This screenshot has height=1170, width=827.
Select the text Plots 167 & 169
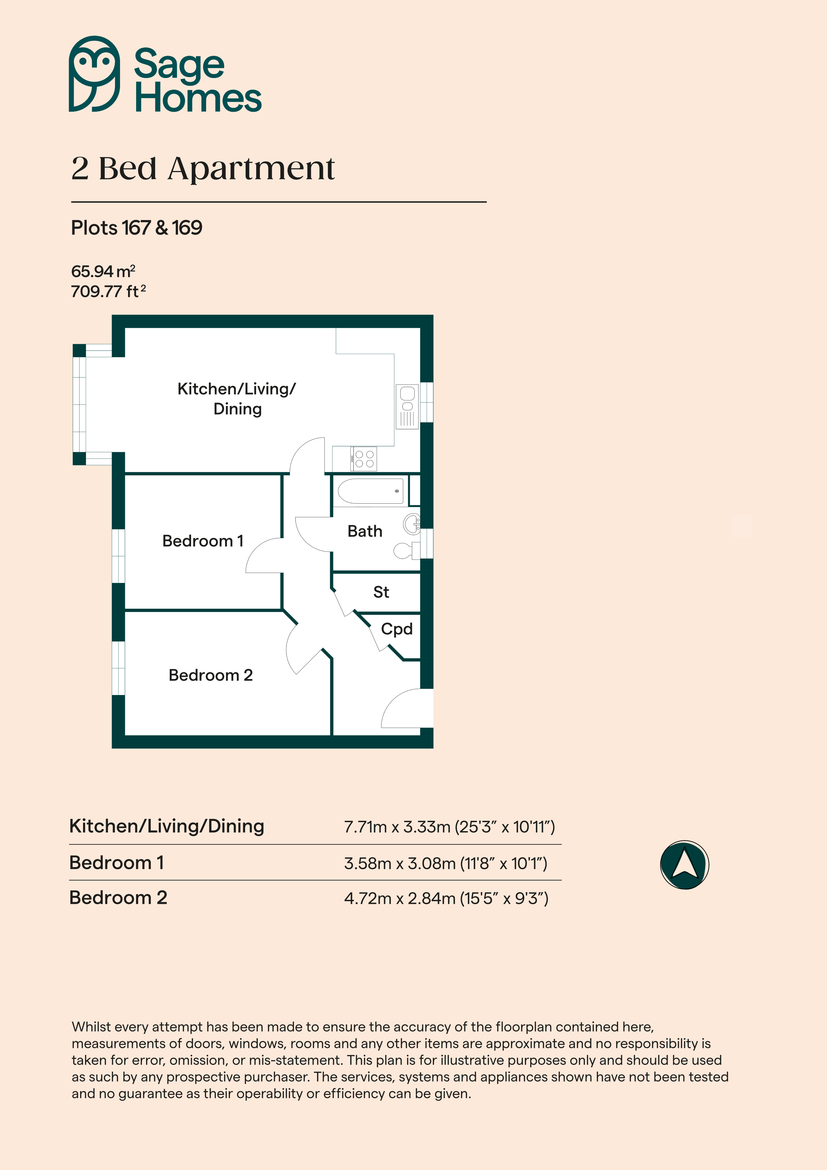click(137, 228)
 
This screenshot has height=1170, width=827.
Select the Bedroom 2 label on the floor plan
click(210, 675)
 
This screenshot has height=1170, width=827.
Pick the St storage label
click(381, 592)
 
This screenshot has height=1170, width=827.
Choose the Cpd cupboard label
click(396, 629)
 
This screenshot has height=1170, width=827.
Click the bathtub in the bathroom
click(370, 491)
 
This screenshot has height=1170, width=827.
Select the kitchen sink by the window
click(407, 406)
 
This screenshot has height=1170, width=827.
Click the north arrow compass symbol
click(684, 865)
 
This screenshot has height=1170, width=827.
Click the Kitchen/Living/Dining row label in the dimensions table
click(167, 826)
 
